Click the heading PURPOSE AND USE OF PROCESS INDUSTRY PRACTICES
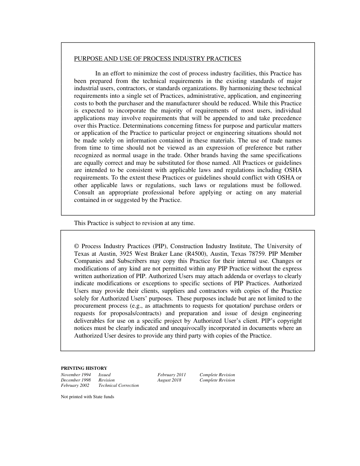coord(157,59)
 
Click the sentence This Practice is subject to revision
coord(134,223)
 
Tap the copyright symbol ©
coord(77,246)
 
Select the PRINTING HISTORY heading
coord(84,368)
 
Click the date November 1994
coord(76,375)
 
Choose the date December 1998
coord(76,380)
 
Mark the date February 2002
coord(75,385)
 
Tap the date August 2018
coord(169,380)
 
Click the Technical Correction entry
coord(119,385)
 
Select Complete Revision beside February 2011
coord(217,375)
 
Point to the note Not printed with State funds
coord(87,397)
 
